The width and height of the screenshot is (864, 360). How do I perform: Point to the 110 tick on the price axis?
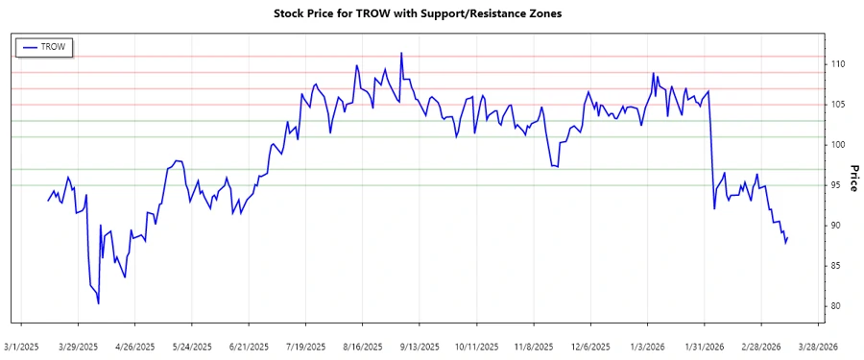coord(838,63)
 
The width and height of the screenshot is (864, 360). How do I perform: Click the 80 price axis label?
coord(835,306)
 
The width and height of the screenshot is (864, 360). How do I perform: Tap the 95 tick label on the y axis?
coord(835,185)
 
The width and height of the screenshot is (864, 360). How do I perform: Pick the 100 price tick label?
coord(838,145)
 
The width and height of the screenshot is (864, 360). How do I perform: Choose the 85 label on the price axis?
coord(835,266)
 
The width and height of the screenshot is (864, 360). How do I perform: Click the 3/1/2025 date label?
coord(22,347)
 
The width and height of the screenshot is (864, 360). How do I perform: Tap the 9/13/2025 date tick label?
coord(418,347)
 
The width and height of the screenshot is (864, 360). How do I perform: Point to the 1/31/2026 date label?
coord(708,347)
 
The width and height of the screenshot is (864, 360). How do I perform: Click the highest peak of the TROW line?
coord(401,53)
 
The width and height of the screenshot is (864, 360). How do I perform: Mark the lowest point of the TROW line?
coord(99,303)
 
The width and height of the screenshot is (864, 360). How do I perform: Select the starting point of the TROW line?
coord(48,201)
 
